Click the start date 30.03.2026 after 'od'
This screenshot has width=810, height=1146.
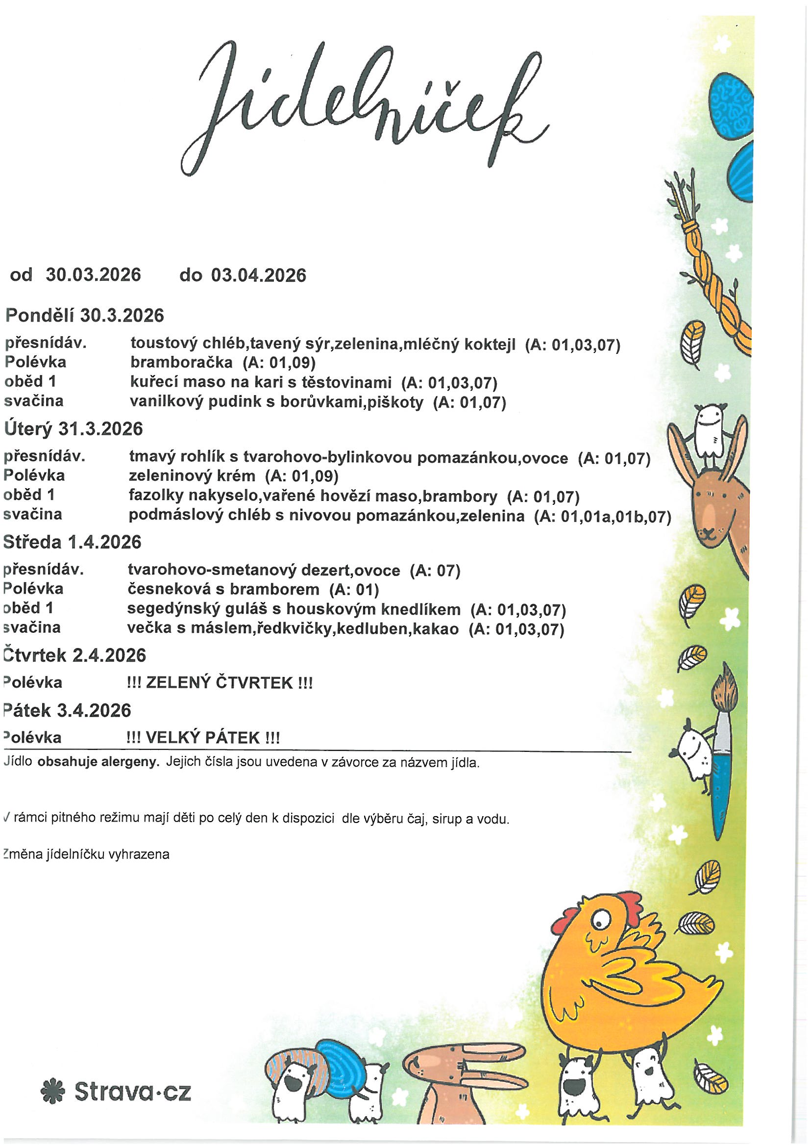tap(93, 275)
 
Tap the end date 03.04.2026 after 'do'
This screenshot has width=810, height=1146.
tap(258, 275)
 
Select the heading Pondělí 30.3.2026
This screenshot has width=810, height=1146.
tap(84, 316)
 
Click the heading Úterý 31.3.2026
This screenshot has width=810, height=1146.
tap(73, 428)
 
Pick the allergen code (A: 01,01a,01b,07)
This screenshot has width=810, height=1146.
tap(602, 516)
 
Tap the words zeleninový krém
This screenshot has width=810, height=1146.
tap(192, 475)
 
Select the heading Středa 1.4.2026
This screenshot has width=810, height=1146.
tap(73, 542)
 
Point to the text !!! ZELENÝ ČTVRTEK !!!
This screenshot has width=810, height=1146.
tap(220, 682)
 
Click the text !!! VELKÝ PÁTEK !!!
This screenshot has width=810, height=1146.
tap(204, 737)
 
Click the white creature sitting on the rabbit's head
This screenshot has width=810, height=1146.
tap(709, 429)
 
